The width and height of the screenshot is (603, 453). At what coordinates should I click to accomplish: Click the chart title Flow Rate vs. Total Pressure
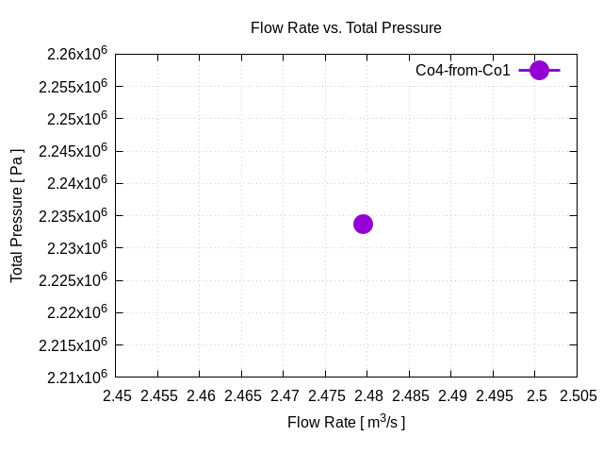(x=346, y=28)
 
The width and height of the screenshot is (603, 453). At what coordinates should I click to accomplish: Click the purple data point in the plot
(x=363, y=224)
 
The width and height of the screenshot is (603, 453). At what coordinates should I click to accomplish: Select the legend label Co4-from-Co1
(x=463, y=70)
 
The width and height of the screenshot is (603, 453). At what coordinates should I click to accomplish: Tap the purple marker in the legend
(x=539, y=70)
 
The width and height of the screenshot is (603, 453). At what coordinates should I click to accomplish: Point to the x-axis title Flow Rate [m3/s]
(x=346, y=422)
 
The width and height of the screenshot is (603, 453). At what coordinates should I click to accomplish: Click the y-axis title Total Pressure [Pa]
(x=17, y=215)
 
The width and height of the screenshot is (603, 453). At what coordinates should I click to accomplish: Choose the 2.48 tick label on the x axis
(x=367, y=396)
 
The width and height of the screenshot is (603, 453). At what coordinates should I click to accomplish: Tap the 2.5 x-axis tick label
(x=535, y=396)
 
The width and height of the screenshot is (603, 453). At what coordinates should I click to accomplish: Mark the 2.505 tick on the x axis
(x=577, y=396)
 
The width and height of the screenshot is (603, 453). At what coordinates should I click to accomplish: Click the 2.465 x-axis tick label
(x=243, y=396)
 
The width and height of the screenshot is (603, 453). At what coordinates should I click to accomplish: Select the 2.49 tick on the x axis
(x=451, y=396)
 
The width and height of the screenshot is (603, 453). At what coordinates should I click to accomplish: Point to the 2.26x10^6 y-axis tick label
(x=73, y=55)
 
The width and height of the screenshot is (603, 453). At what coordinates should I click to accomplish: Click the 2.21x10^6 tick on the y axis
(x=73, y=377)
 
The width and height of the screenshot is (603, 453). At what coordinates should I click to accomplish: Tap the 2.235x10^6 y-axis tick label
(x=73, y=216)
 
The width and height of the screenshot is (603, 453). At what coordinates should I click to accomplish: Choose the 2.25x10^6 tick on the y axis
(x=73, y=119)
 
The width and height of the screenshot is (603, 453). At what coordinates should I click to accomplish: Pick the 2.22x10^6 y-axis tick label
(x=73, y=312)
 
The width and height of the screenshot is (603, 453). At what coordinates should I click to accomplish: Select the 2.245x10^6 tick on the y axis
(x=73, y=151)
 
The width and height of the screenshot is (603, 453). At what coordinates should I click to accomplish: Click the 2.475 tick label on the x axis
(x=326, y=396)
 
